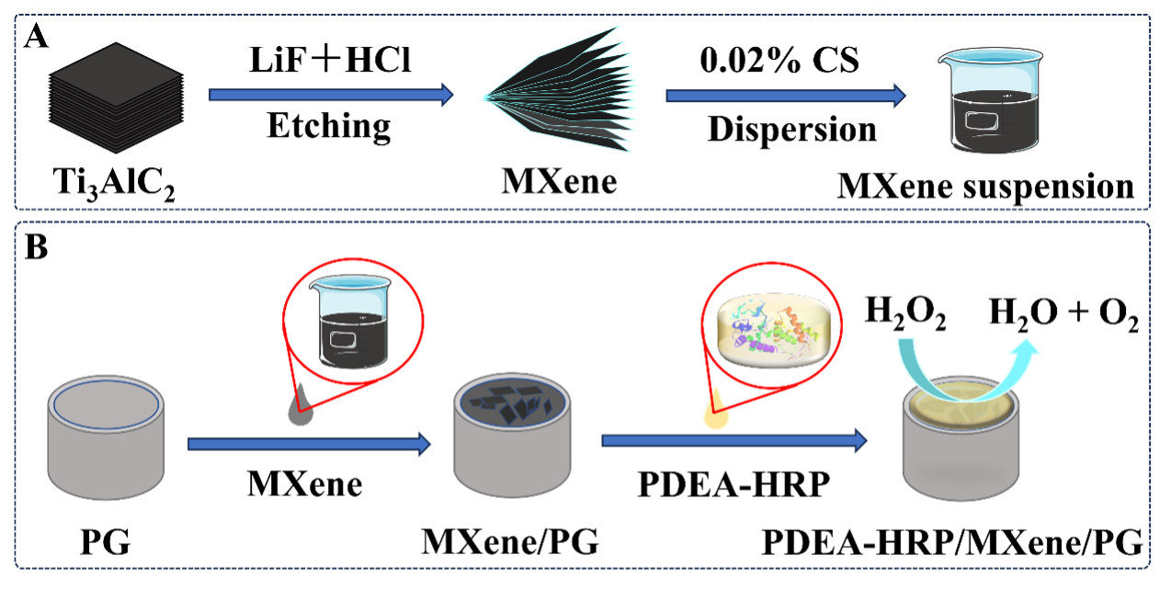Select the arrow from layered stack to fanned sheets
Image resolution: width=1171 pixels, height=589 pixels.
[331, 95]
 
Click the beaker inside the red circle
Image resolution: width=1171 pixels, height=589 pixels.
[352, 322]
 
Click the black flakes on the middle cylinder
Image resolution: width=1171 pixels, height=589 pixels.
[513, 401]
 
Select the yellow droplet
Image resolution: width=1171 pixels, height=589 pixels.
[715, 416]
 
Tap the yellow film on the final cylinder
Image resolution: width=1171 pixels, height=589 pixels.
[961, 404]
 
